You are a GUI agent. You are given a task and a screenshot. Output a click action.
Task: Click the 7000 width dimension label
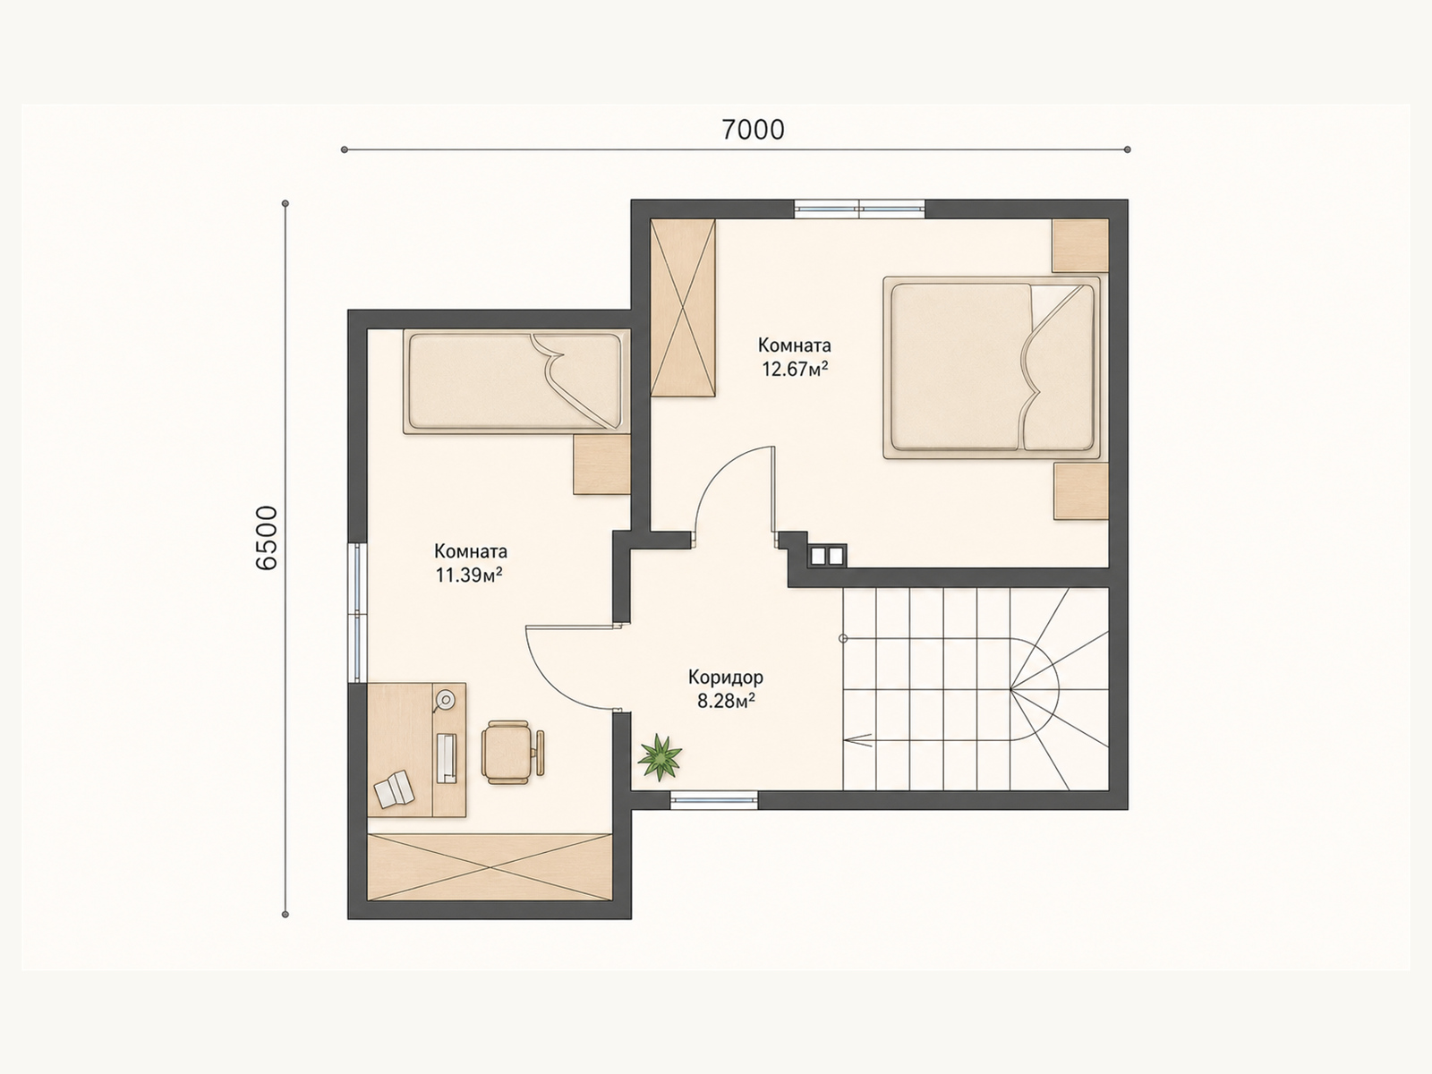coord(753,131)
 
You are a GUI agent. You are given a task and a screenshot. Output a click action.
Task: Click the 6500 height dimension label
coord(267,539)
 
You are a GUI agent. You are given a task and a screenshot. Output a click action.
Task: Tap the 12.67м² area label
coord(796,370)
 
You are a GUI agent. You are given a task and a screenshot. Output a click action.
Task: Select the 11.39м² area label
coord(469,575)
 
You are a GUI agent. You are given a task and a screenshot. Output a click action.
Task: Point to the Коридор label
coord(726,678)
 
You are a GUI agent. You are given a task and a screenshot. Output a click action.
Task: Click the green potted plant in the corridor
coord(661,756)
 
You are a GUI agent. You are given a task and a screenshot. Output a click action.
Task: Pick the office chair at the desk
coord(512,752)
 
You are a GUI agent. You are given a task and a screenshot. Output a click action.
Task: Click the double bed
coord(992,367)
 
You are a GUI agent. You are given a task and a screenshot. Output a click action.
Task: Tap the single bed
coord(516,381)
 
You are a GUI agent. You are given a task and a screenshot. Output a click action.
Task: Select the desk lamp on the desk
coord(445,700)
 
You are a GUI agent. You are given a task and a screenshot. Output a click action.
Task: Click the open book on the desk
coord(394,789)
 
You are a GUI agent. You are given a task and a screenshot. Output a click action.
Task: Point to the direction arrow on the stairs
coord(858,739)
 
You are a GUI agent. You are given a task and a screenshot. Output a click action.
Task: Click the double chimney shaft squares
coord(827,556)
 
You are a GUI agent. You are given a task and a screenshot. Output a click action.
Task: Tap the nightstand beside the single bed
coord(601,465)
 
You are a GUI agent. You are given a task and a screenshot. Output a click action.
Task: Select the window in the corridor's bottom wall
coord(714,800)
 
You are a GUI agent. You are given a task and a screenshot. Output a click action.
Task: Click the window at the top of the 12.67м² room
coord(859,209)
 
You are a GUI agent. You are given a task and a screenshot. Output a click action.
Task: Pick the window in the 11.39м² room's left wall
coord(357,612)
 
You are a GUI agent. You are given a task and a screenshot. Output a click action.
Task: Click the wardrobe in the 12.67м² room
coord(683,307)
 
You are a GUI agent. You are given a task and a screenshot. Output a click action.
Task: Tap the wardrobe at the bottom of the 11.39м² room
coord(490,866)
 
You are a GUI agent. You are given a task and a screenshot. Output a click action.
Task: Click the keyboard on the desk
coord(447,758)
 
